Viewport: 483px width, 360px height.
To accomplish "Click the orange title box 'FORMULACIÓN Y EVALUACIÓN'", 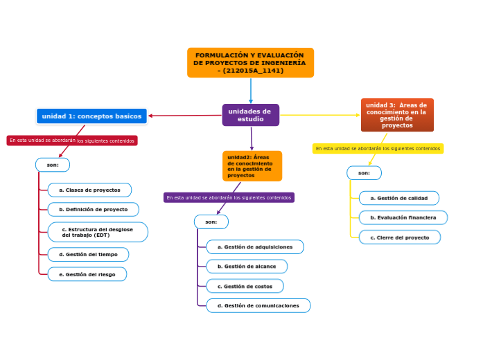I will coord(250,62).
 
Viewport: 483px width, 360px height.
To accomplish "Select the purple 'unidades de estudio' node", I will coord(250,115).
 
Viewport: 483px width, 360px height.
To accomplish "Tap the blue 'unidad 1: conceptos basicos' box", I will coord(91,116).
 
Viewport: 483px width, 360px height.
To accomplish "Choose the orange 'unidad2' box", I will coord(252,166).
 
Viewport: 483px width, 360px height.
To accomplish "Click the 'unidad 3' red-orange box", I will coord(397,115).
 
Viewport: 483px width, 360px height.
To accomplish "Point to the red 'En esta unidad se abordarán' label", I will coord(72,141).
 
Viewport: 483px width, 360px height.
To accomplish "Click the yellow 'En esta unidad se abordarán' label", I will coord(378,148).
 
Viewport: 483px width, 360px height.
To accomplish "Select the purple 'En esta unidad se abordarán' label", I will coord(229,197).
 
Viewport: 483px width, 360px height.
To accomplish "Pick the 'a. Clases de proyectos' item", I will coord(89,190).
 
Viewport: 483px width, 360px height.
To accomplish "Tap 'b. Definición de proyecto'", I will coord(93,209).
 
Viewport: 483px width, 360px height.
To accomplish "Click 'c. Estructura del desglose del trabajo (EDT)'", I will coord(97,232).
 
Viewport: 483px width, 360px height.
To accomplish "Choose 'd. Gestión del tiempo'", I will coord(88,254).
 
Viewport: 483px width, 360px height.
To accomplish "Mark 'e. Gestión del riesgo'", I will coord(87,274).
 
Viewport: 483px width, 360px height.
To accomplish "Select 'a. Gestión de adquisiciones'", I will coord(254,247).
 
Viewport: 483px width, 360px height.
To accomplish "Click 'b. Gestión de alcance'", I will coord(246,266).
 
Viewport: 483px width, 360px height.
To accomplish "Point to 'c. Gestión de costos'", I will coord(245,286).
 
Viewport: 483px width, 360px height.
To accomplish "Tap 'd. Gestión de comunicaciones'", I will coord(258,305).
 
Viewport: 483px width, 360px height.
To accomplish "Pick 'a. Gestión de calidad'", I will coord(398,198).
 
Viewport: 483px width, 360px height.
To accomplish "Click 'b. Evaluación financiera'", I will coord(403,217).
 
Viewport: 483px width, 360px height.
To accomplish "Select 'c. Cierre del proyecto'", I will coord(399,237).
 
